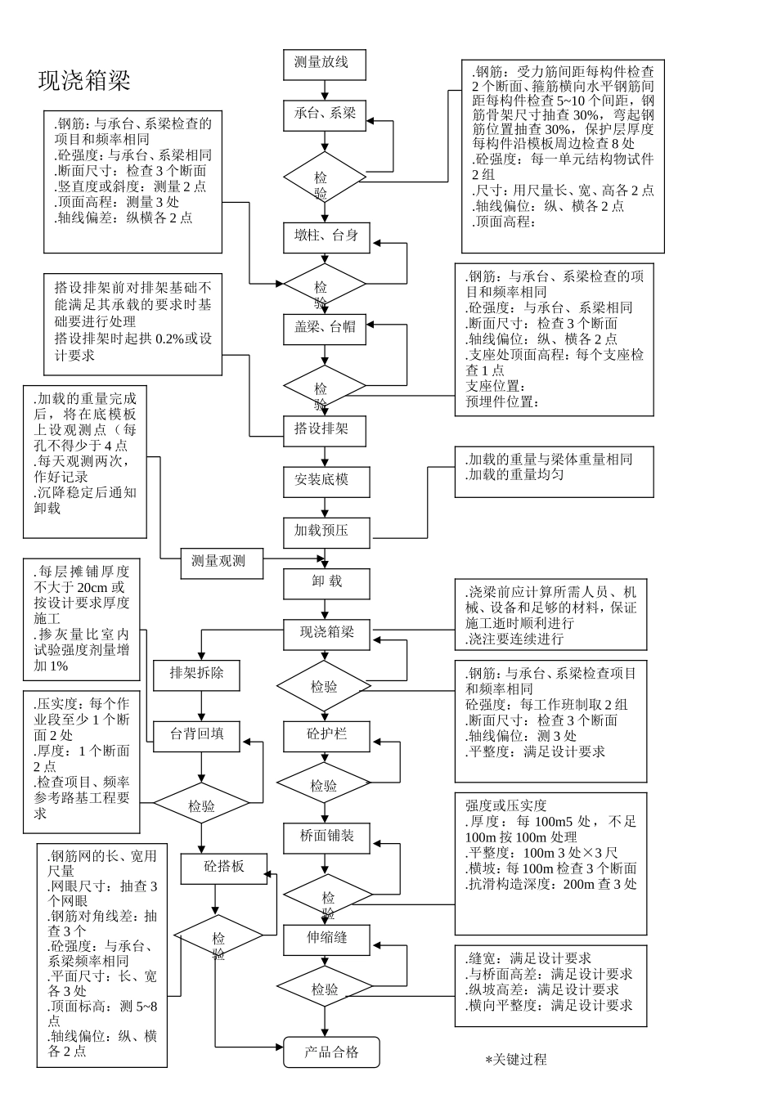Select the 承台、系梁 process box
[x=325, y=114]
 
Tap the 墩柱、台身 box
[x=325, y=237]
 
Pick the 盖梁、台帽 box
[x=325, y=328]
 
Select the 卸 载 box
[x=325, y=582]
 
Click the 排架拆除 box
[x=195, y=675]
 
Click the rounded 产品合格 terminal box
[x=331, y=1052]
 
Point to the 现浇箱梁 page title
[x=84, y=80]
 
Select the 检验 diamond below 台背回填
[x=201, y=806]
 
